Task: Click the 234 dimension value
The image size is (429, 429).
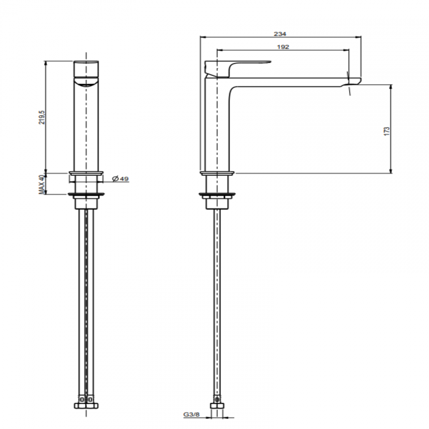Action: point(280,34)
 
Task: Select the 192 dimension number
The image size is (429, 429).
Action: point(283,47)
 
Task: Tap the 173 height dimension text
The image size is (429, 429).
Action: point(387,130)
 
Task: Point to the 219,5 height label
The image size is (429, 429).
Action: point(42,117)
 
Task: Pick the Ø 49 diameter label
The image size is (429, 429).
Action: point(120,179)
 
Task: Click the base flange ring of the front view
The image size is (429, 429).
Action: point(86,173)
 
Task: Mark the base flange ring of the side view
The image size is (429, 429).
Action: point(217,173)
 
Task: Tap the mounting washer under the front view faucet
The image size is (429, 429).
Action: point(86,194)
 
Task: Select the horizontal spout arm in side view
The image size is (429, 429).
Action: point(287,82)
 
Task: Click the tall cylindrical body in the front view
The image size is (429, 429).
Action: point(86,129)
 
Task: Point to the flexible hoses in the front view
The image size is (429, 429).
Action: point(86,297)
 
